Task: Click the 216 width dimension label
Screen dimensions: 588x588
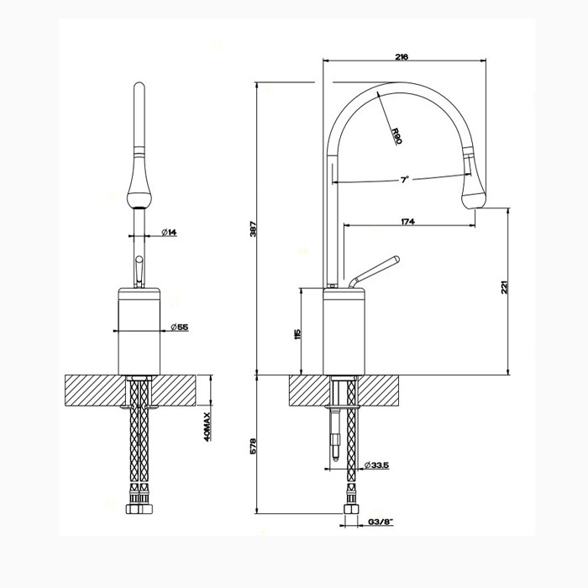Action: point(401,56)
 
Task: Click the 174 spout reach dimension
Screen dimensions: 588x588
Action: point(409,221)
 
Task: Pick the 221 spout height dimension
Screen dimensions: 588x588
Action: point(504,286)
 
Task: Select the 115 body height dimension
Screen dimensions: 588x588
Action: point(297,333)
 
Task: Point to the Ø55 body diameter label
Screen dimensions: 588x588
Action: point(178,327)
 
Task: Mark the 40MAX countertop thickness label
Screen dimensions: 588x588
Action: point(207,428)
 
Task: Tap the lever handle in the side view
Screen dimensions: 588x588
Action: point(375,270)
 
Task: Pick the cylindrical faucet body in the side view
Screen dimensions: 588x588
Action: point(345,332)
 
